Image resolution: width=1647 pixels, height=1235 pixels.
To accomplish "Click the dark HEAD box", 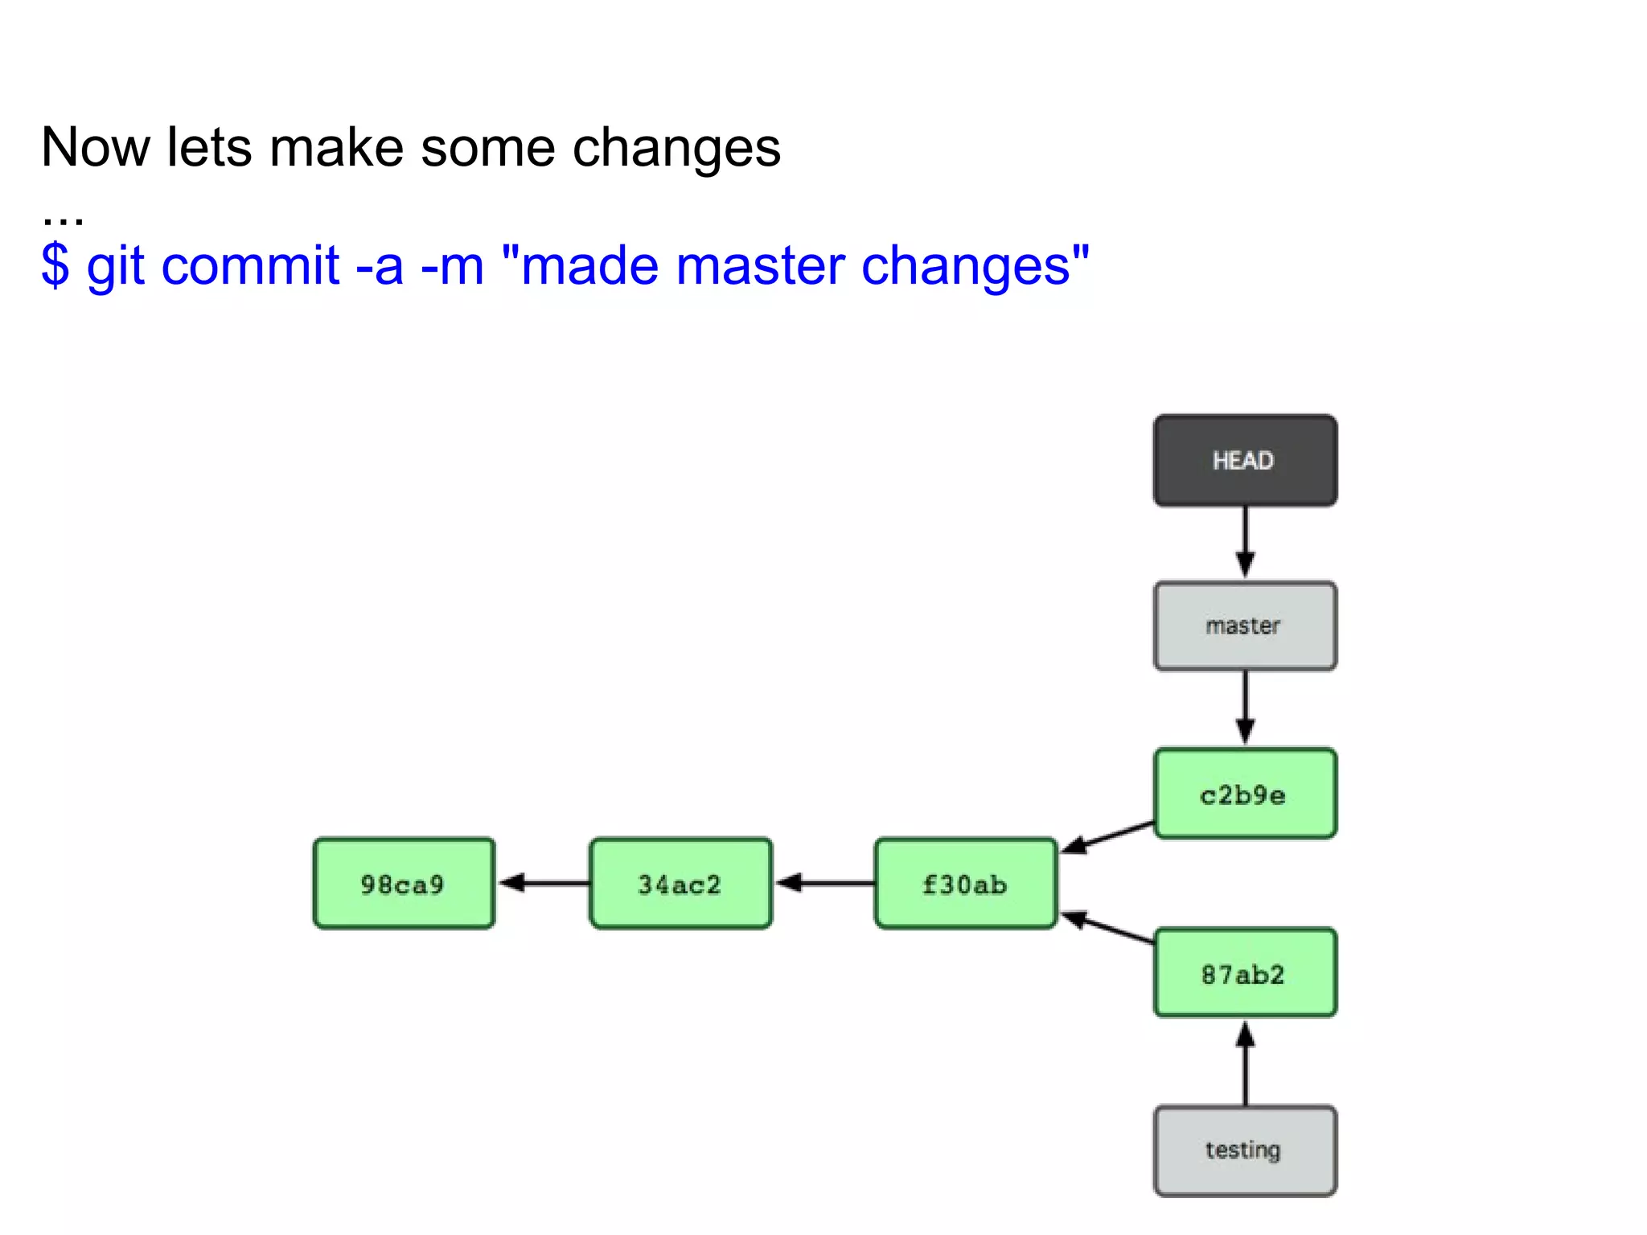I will click(x=1245, y=461).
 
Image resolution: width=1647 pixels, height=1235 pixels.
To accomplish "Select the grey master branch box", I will click(x=1245, y=626).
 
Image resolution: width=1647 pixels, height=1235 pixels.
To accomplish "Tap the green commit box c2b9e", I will click(x=1245, y=794).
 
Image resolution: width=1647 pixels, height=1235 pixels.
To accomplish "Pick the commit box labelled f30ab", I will click(x=965, y=884).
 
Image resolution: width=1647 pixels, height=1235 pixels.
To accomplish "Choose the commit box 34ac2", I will click(x=680, y=884).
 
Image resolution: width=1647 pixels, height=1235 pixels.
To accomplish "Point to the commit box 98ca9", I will click(x=404, y=884).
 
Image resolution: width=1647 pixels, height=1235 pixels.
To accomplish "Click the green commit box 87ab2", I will click(x=1245, y=974).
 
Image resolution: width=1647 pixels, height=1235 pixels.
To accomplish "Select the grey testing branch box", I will click(x=1245, y=1151).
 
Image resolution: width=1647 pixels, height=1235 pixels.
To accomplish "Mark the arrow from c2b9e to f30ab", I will click(x=1108, y=835).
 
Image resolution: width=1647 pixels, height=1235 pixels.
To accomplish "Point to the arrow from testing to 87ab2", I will click(x=1245, y=1063).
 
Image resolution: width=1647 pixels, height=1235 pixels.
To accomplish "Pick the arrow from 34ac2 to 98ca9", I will click(x=544, y=883).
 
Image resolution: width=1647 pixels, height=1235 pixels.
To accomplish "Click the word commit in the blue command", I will click(x=250, y=266).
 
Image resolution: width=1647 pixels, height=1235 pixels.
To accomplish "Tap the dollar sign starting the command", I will click(x=55, y=266).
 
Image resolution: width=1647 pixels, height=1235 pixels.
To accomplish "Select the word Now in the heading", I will click(x=96, y=148).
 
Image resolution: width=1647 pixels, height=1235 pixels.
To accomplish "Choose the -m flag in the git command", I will click(x=452, y=266).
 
